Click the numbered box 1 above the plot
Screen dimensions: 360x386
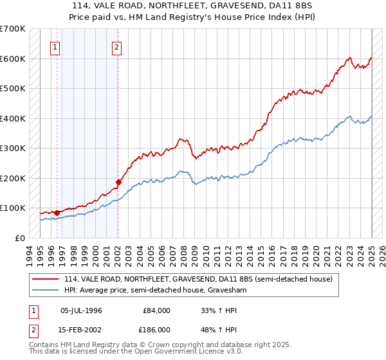56,46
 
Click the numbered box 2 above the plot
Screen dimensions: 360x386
116,46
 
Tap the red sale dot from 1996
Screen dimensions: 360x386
57,212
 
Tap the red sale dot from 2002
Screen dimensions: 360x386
118,182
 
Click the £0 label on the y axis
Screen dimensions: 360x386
20,238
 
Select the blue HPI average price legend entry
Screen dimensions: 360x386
155,291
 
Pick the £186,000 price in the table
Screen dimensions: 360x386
157,329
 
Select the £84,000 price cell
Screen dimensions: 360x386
157,310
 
